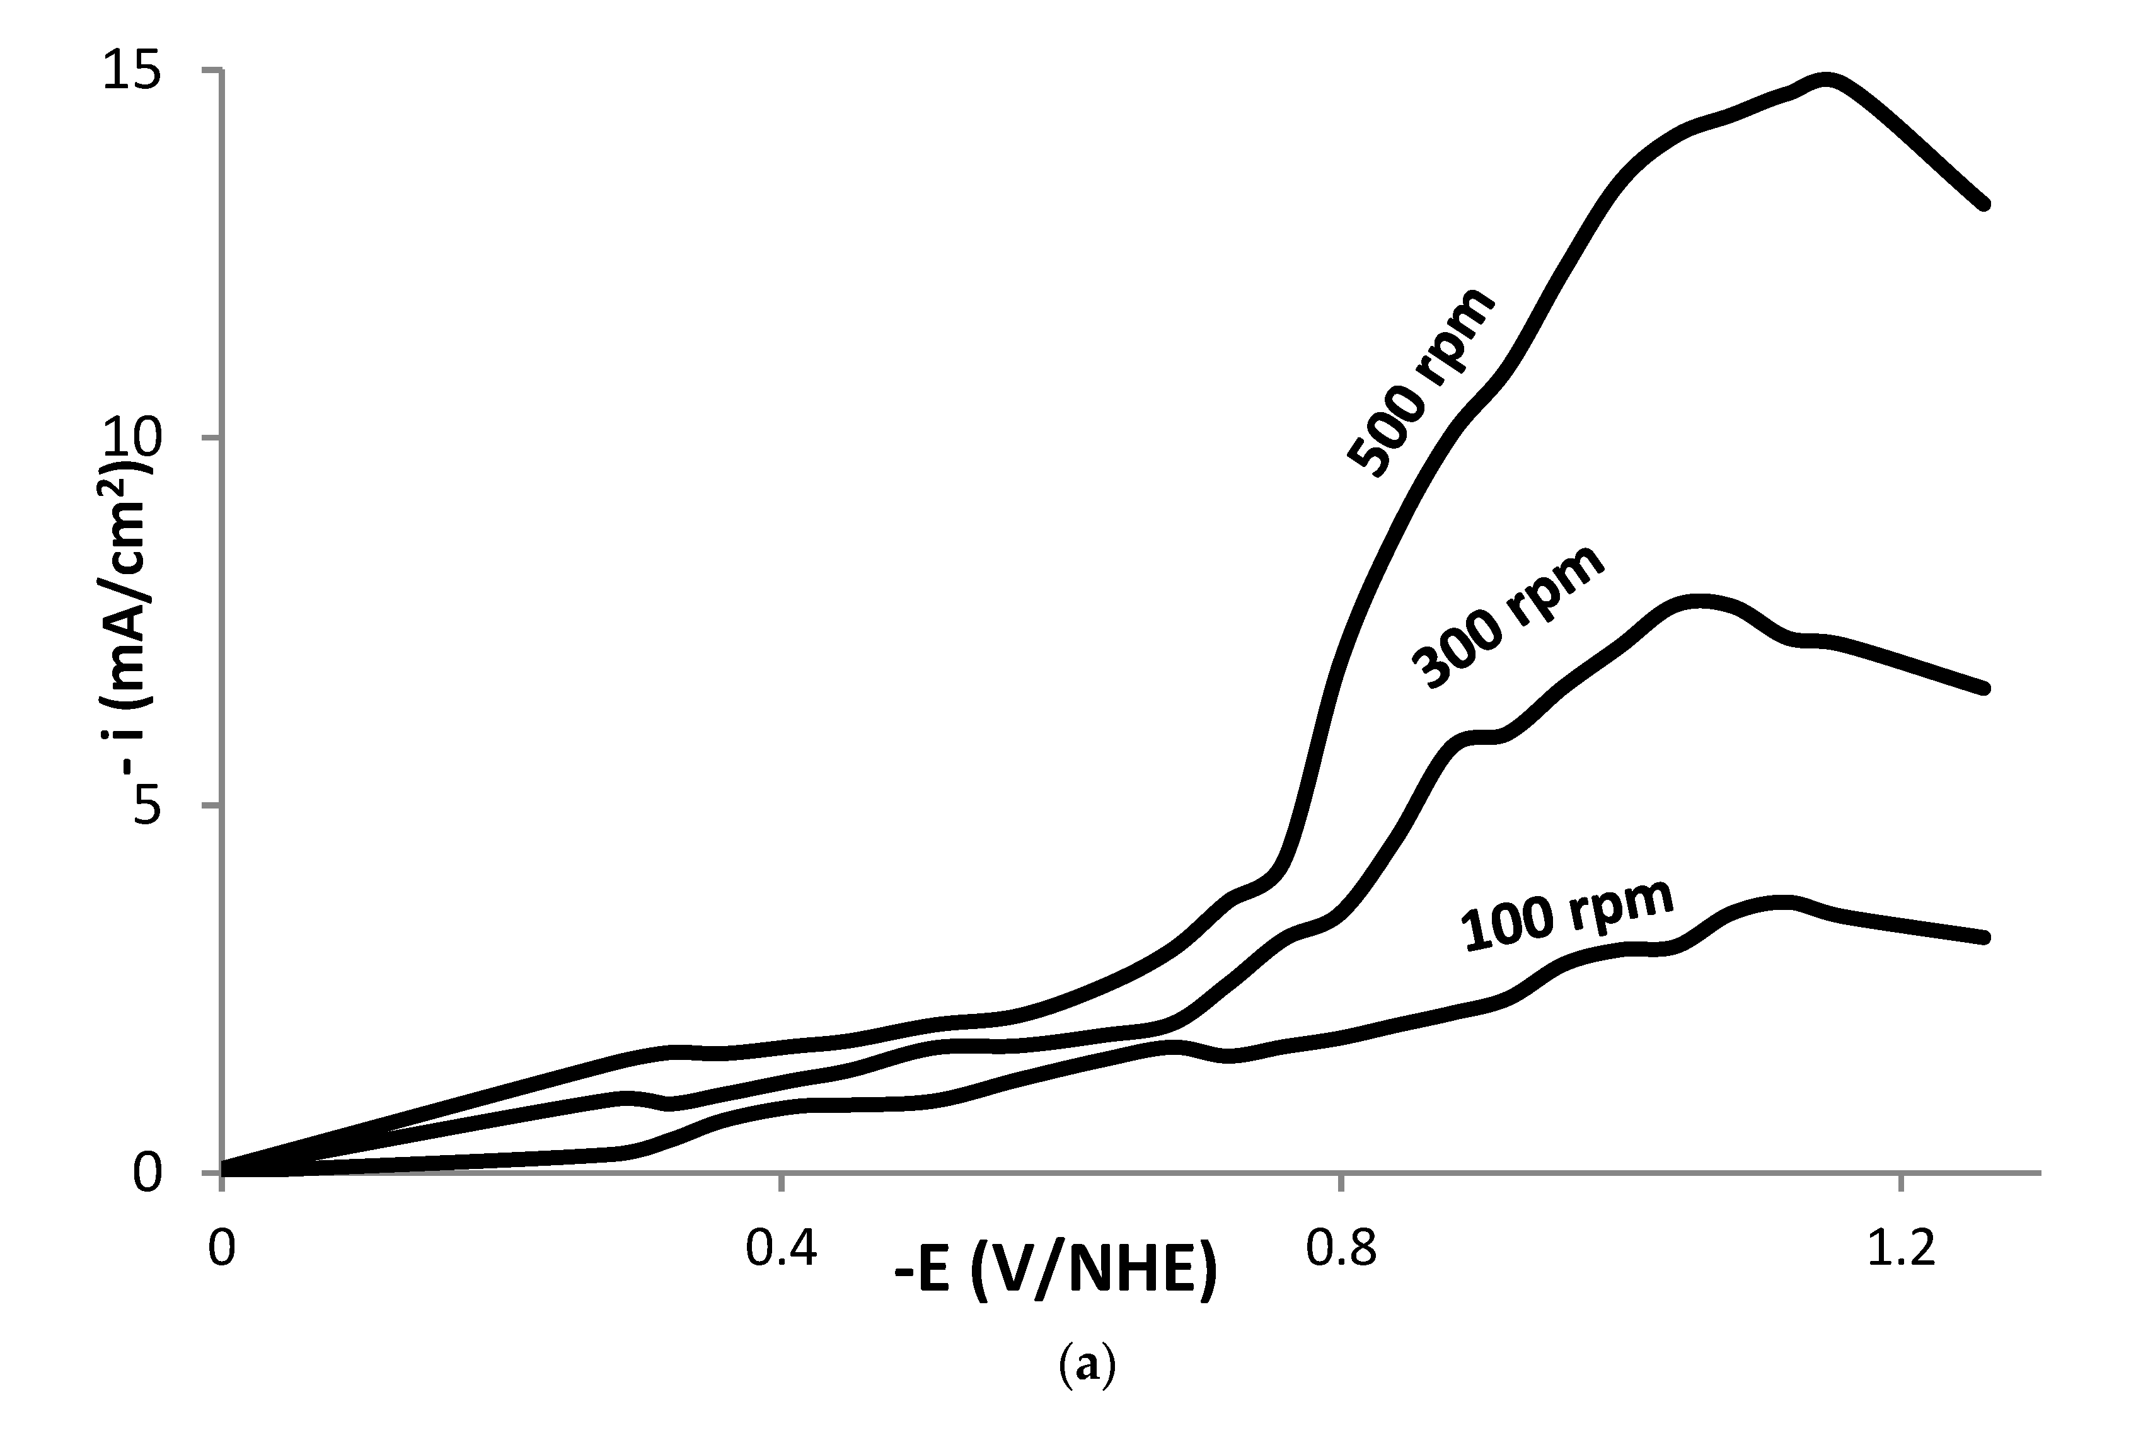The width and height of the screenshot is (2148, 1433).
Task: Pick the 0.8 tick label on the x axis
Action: coord(1340,1248)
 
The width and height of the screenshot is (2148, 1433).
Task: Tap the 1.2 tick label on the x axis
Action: coord(1900,1248)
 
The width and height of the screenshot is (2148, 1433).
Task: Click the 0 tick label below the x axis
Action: coord(221,1248)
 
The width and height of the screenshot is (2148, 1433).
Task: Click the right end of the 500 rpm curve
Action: coord(1983,204)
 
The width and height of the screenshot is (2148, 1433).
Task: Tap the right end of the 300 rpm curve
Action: coord(1983,688)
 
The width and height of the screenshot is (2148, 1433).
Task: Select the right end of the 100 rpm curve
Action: coord(1983,938)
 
